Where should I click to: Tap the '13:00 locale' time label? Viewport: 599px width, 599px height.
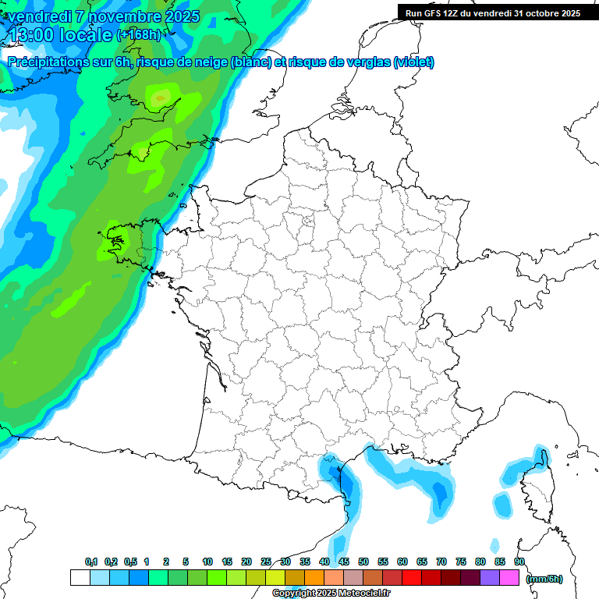pos(59,34)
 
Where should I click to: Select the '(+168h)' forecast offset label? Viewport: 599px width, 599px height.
pos(138,34)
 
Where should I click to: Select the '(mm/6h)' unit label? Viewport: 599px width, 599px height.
pos(544,579)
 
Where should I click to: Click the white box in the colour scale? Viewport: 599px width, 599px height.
pos(80,578)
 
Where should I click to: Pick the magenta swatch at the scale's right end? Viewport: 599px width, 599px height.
pos(509,578)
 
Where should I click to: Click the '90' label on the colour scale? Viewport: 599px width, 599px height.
pos(519,562)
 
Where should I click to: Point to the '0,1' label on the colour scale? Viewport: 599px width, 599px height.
pos(91,562)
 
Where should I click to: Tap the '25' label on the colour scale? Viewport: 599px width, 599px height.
pos(266,562)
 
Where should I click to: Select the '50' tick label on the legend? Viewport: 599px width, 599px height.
pos(363,562)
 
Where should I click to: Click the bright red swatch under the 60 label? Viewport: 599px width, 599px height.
pos(412,578)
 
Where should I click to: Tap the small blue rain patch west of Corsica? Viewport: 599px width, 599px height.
pos(502,505)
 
